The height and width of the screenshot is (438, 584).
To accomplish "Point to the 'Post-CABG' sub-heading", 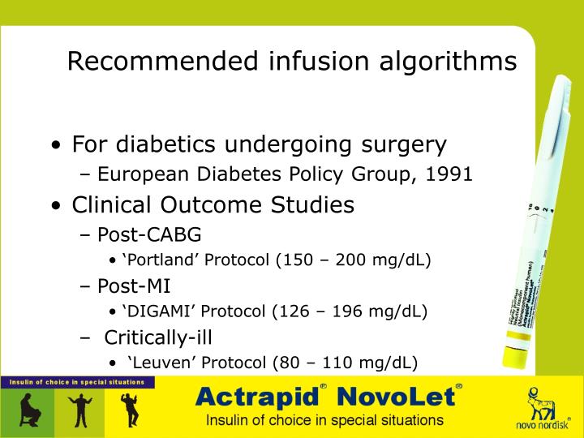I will coord(149,235).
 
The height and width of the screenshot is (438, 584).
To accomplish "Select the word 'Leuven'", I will coord(157,362).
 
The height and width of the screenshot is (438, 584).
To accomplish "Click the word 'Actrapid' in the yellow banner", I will coord(258,397).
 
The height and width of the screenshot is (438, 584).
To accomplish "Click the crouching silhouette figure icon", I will coord(27,410).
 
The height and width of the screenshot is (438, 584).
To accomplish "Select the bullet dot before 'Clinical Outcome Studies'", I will coord(55,206).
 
